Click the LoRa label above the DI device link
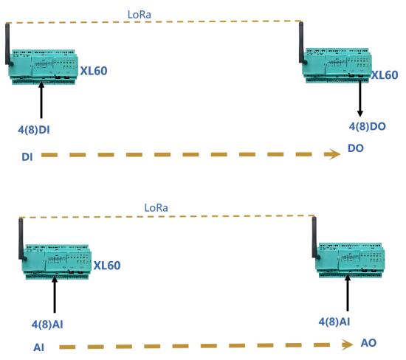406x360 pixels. click(140, 15)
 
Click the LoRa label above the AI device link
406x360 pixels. click(156, 208)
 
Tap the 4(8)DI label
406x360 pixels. click(34, 130)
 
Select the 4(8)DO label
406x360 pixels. click(368, 126)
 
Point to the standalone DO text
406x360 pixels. click(356, 148)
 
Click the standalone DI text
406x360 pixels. click(27, 157)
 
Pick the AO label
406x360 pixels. click(368, 343)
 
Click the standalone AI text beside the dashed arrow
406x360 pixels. click(39, 347)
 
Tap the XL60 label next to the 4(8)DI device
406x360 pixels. click(94, 71)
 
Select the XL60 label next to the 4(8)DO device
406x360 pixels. click(385, 75)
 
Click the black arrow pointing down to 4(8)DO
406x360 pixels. click(360, 99)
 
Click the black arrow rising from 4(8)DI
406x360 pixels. click(41, 100)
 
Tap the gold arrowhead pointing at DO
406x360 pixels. click(332, 154)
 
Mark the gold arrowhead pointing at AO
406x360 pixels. click(347, 345)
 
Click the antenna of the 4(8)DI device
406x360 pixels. click(8, 44)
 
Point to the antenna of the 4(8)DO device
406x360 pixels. click(302, 43)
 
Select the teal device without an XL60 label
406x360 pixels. click(350, 260)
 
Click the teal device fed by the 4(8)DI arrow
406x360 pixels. click(43, 67)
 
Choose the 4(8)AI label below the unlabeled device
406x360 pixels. click(334, 322)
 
